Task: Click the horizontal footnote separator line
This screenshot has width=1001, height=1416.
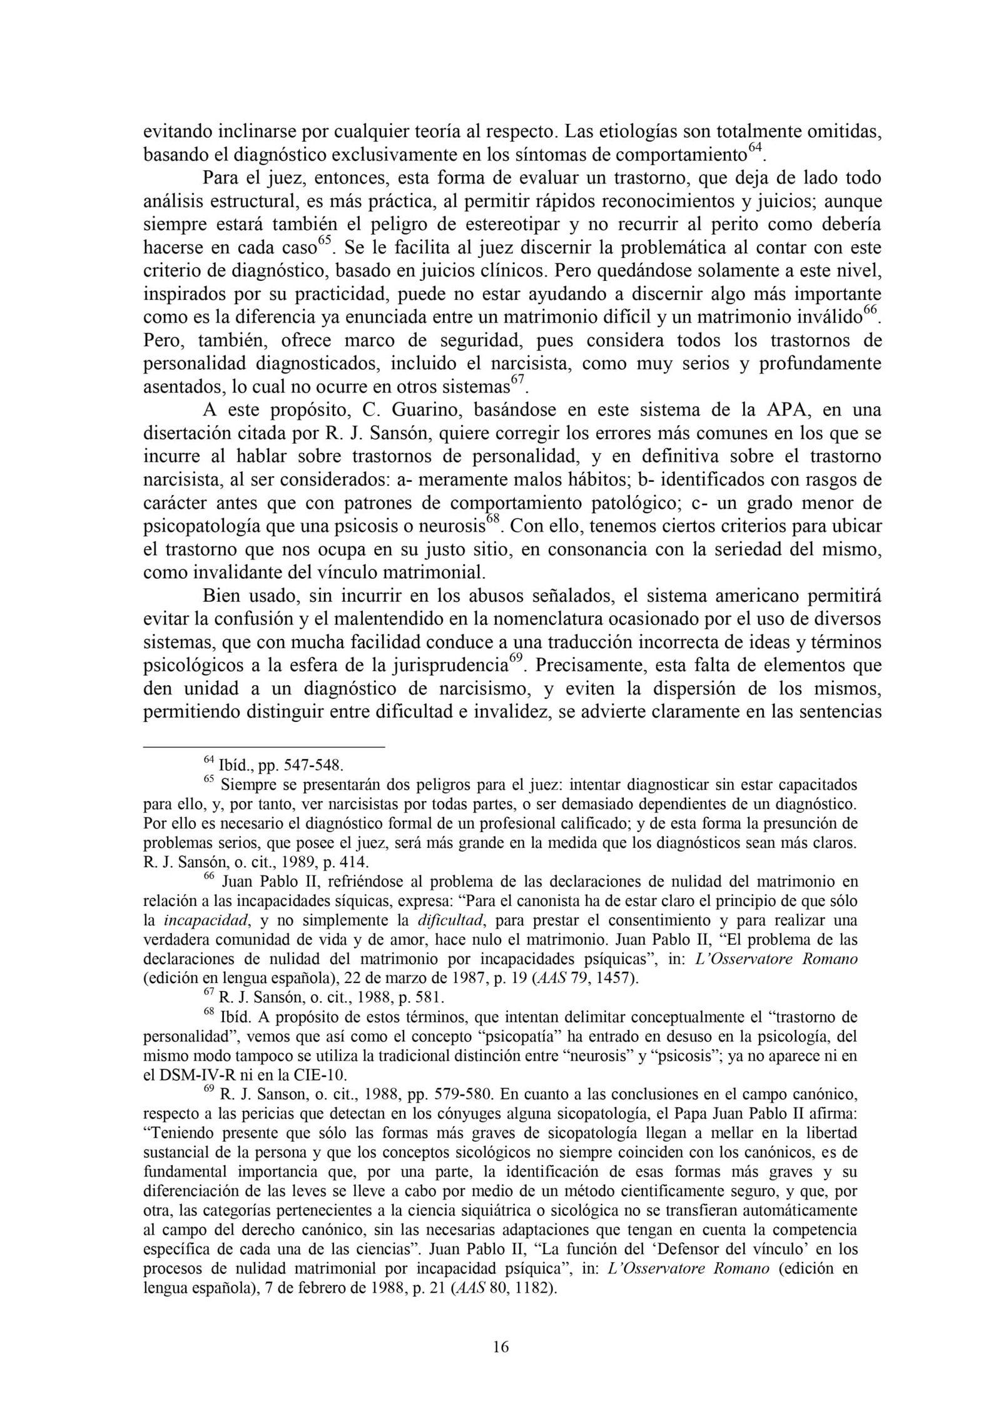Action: click(x=263, y=746)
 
